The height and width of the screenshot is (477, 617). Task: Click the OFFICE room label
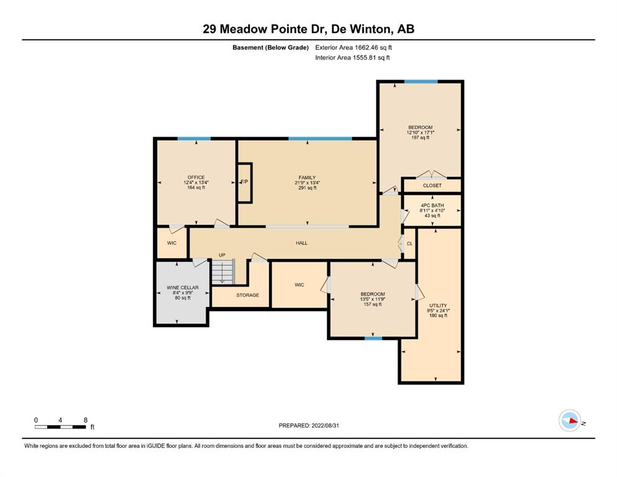[196, 178]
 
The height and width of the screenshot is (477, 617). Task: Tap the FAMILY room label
[307, 178]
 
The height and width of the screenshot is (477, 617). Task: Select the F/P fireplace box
[244, 183]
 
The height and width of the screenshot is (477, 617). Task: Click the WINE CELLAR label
[183, 288]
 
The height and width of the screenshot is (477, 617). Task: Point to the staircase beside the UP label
[222, 271]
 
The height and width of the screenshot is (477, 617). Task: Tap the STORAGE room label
[247, 295]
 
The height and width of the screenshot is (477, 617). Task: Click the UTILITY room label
[438, 306]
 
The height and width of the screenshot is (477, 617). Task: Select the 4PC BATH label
[432, 205]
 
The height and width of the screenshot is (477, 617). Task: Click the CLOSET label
[432, 186]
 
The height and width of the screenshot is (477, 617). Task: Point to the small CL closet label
[409, 244]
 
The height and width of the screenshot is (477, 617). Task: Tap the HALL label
[301, 243]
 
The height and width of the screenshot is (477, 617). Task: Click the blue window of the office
[194, 139]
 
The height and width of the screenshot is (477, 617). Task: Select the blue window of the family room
[320, 139]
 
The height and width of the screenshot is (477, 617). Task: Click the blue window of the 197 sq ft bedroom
[421, 82]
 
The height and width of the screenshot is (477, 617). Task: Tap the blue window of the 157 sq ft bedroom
[373, 338]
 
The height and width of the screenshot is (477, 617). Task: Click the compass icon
[570, 420]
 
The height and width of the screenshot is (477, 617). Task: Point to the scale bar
[60, 427]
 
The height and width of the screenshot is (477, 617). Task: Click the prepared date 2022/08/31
[325, 425]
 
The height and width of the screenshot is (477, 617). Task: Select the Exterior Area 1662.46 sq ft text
[354, 48]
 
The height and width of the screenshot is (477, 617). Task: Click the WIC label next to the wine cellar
[171, 243]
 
